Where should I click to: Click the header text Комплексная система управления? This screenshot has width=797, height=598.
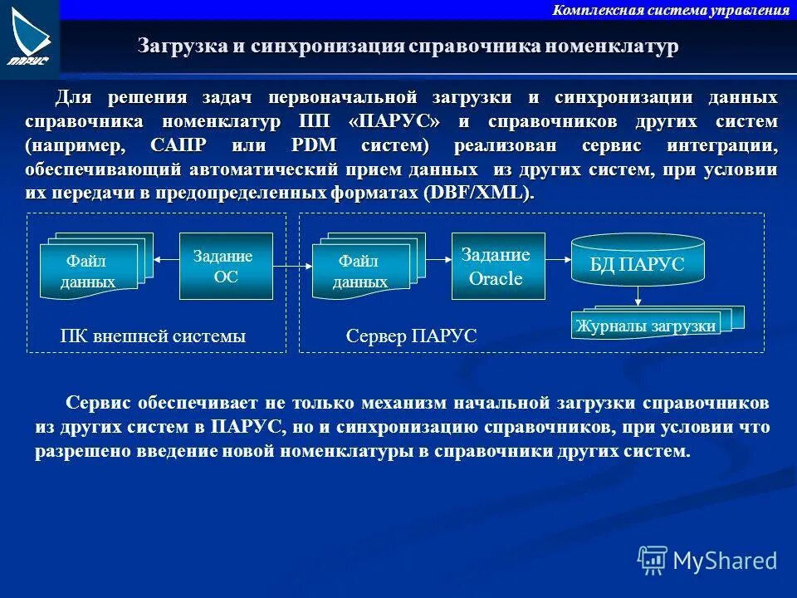pyautogui.click(x=671, y=11)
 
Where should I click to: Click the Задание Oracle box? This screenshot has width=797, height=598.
pyautogui.click(x=497, y=267)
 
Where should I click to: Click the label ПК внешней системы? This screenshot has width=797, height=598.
pyautogui.click(x=153, y=337)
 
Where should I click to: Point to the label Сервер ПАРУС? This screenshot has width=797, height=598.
pyautogui.click(x=411, y=337)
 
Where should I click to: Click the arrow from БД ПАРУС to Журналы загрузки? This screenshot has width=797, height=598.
pyautogui.click(x=638, y=295)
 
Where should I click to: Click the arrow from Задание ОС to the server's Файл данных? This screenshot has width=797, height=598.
pyautogui.click(x=292, y=267)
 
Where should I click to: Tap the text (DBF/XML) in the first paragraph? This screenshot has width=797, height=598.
pyautogui.click(x=477, y=193)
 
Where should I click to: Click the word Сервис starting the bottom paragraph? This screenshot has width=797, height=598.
pyautogui.click(x=99, y=404)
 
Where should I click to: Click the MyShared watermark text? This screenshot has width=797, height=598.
pyautogui.click(x=725, y=561)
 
